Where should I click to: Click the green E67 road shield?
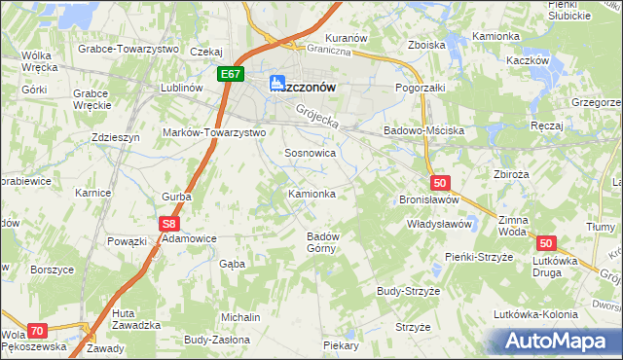point(231,74)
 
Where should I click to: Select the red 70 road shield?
point(38,331)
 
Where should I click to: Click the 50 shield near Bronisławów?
point(440,182)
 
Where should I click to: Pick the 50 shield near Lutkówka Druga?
point(546,244)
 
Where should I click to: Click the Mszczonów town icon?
point(277,84)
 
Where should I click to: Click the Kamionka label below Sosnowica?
point(311,194)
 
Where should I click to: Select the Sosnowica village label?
point(311,153)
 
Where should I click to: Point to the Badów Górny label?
point(322,242)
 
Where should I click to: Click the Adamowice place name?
point(189,237)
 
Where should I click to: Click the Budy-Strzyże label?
point(410,291)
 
